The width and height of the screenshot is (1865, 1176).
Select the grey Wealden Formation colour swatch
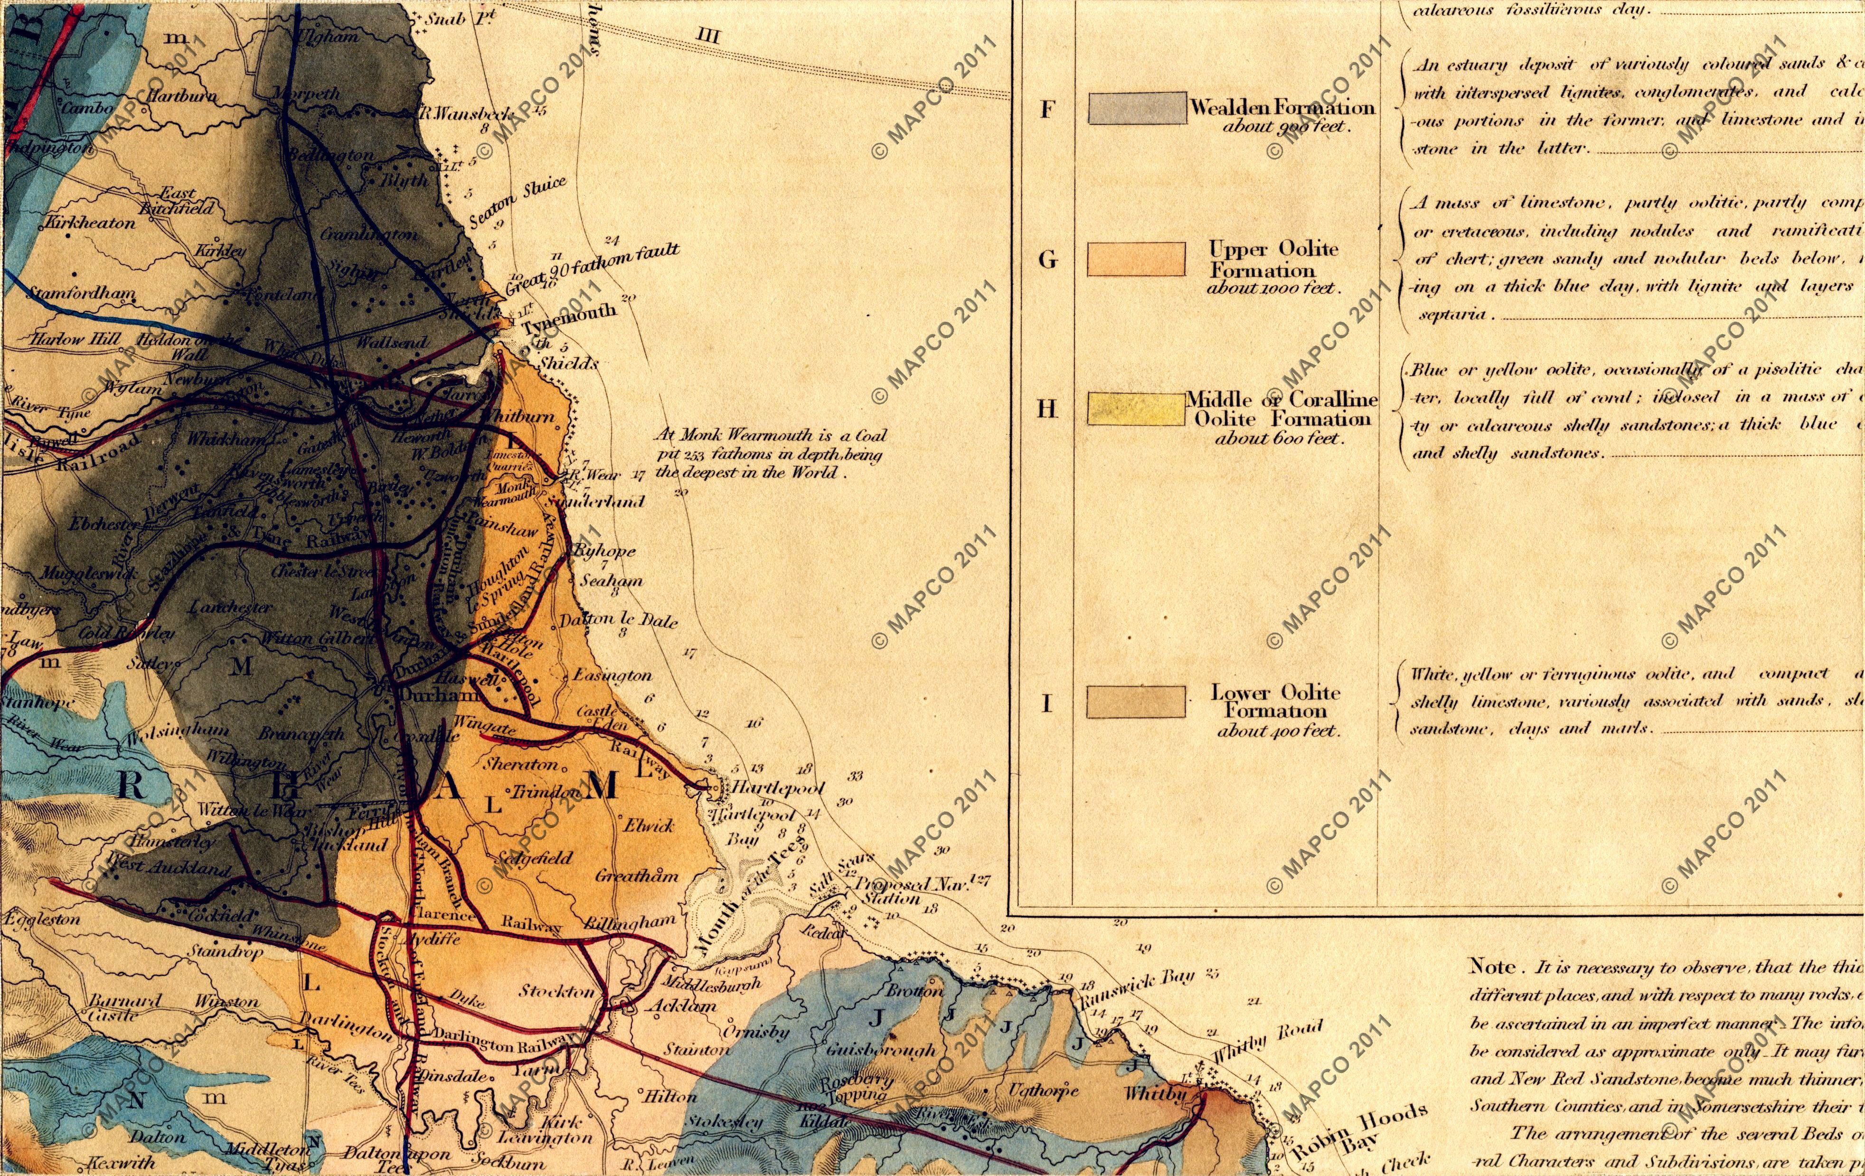[1136, 108]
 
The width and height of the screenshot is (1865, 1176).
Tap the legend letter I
[1046, 704]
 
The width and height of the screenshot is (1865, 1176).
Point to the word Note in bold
[1492, 967]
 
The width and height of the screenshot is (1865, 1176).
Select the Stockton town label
[557, 992]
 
